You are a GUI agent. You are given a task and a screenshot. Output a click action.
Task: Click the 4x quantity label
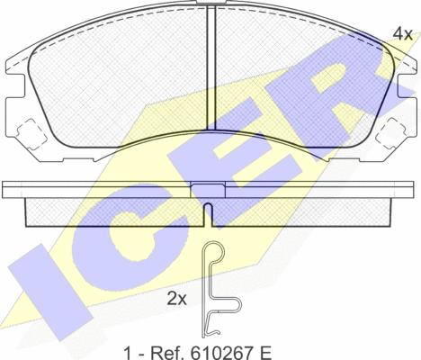(403, 34)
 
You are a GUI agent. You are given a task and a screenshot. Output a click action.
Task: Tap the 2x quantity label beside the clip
(176, 299)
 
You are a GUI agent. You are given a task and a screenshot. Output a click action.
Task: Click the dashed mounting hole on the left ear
(29, 133)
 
